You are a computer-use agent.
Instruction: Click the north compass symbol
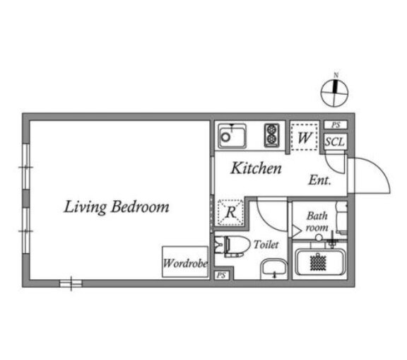335,93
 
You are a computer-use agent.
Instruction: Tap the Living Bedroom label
117,207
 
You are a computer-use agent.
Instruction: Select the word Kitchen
256,168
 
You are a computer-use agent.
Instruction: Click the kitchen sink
232,136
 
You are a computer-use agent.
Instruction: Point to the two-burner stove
272,135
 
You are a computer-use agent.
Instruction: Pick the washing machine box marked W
305,137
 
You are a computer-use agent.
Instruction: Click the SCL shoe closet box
335,141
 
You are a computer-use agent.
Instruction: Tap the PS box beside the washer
336,125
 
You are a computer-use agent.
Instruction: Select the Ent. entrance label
320,180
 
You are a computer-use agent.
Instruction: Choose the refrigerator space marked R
231,212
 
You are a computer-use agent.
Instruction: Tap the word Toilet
266,245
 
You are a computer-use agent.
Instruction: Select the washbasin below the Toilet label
274,269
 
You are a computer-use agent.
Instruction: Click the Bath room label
317,221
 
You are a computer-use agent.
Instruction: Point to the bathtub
320,262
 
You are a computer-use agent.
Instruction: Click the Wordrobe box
185,262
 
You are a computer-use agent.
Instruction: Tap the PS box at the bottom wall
221,275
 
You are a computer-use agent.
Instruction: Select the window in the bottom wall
71,284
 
